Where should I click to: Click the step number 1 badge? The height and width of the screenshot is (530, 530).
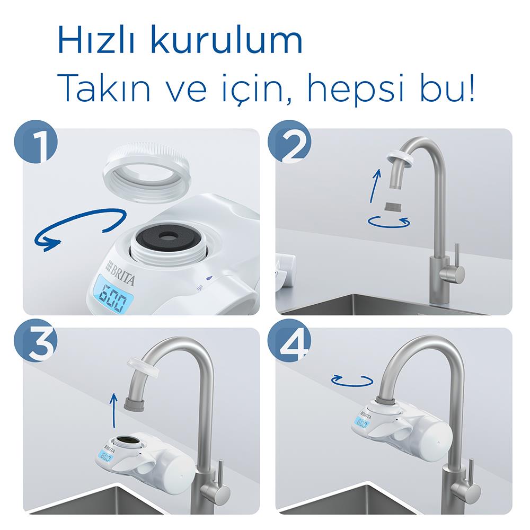36,142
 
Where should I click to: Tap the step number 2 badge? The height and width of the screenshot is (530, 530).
289,142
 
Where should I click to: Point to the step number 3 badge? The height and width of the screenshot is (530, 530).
36,340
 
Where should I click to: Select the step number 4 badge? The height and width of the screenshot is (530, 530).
289,340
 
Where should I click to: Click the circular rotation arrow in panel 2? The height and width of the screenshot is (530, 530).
388,222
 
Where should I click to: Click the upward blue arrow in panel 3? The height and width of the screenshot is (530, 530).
114,410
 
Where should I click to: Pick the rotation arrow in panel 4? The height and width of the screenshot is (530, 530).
352,381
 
